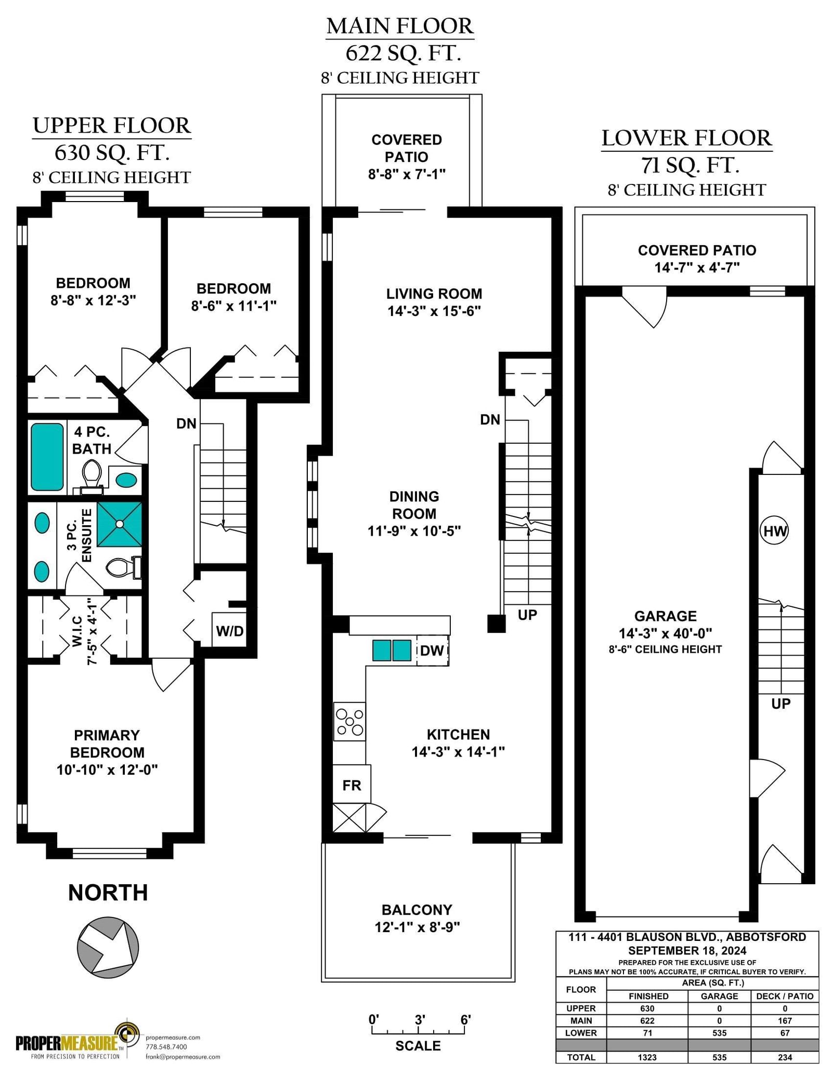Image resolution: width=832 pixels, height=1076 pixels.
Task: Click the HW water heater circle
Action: click(774, 530)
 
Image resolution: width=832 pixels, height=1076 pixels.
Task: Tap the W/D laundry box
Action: click(229, 630)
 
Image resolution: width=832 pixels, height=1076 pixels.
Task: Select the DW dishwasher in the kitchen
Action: click(432, 650)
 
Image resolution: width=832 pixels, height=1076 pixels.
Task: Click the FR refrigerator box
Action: click(352, 785)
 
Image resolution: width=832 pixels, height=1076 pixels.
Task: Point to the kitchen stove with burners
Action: click(349, 722)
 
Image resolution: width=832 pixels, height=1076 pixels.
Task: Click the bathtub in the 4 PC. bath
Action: click(47, 457)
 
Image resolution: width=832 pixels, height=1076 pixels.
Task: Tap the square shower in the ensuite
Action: click(120, 524)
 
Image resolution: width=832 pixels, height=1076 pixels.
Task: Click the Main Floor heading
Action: click(400, 26)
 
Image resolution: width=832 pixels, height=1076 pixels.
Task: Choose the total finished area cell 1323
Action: click(647, 1057)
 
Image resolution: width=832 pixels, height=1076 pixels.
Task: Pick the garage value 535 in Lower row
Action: click(719, 1032)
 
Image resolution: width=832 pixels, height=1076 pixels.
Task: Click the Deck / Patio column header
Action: click(785, 996)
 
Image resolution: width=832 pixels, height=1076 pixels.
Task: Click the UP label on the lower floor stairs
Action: click(781, 703)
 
